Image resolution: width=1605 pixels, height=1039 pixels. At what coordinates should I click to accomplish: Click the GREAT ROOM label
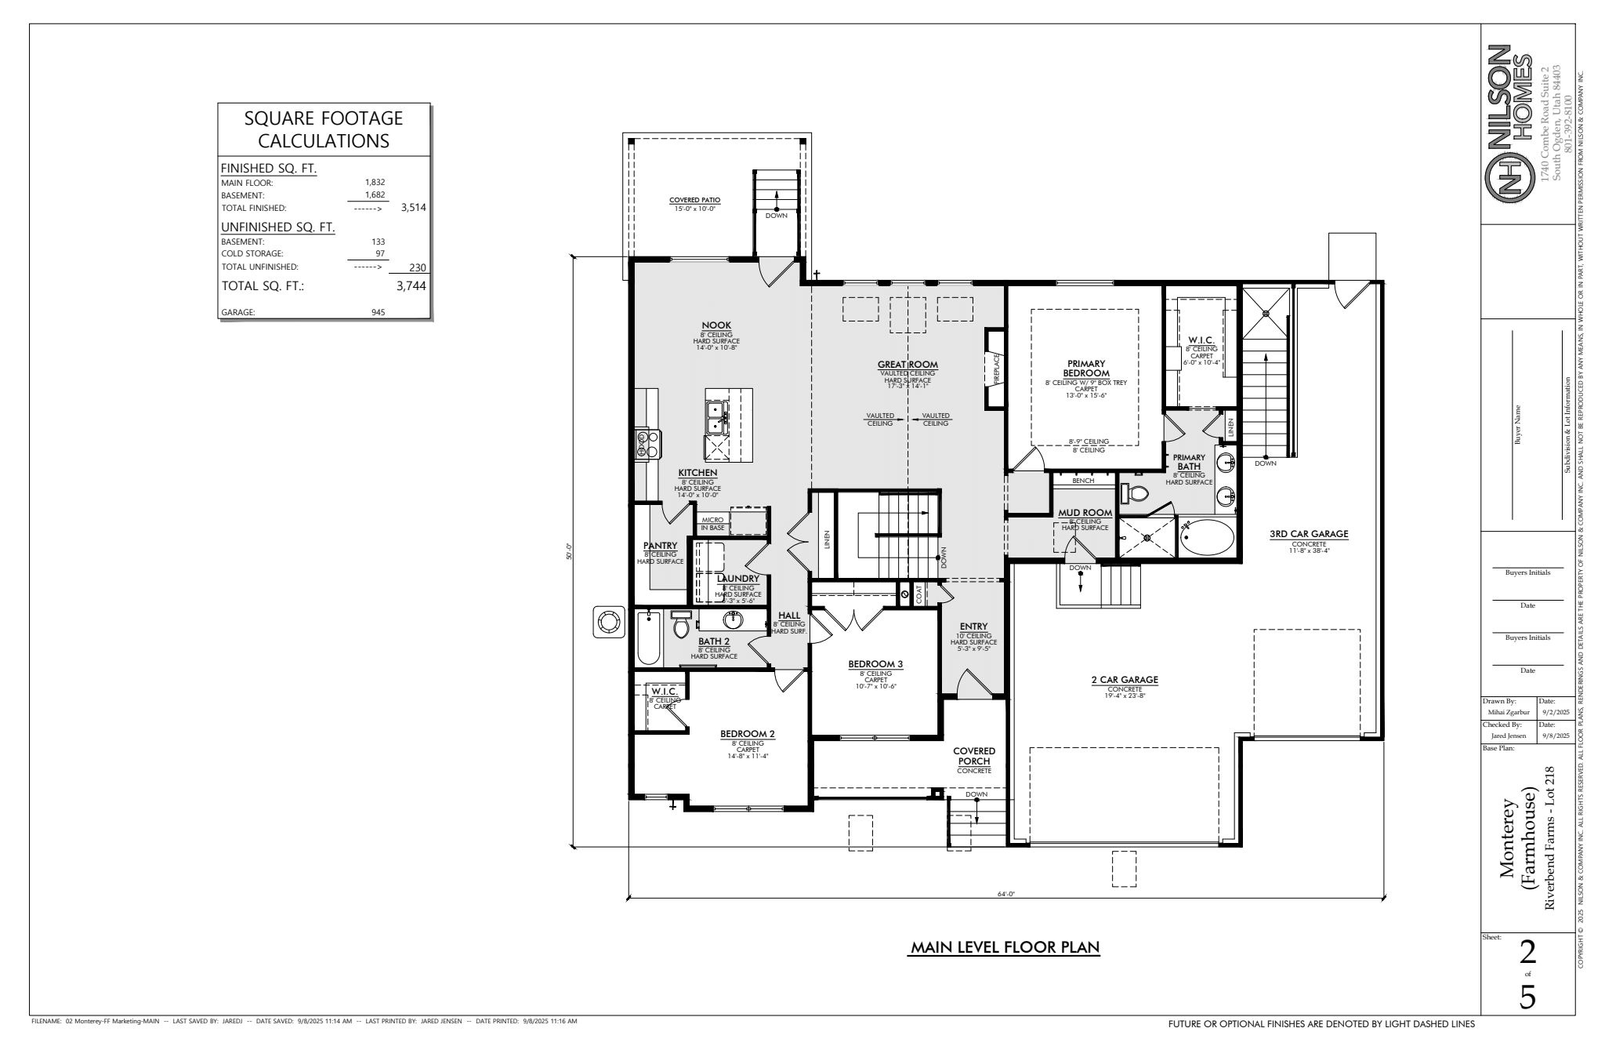click(908, 365)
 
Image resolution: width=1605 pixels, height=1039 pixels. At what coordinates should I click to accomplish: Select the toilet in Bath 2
click(680, 627)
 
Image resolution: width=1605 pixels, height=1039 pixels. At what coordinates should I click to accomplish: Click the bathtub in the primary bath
click(1206, 538)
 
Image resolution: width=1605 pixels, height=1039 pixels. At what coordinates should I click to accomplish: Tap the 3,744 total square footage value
click(411, 286)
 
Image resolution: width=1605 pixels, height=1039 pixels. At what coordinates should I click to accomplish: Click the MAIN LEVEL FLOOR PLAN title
click(1005, 947)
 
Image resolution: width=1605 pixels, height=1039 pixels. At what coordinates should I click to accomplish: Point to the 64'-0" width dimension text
click(1006, 893)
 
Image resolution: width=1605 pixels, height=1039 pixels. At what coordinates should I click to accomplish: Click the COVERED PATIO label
click(694, 200)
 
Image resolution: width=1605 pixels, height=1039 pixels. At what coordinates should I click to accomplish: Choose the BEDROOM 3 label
click(875, 664)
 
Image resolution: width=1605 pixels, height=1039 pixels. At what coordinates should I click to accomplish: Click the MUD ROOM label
click(1085, 513)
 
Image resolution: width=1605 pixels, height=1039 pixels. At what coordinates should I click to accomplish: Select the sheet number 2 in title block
click(1527, 953)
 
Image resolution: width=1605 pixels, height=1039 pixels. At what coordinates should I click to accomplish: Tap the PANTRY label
click(660, 546)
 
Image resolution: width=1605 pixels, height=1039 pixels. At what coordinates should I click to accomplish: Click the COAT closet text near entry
click(918, 595)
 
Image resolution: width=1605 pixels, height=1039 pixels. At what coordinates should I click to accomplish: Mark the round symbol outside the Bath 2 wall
click(608, 622)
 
